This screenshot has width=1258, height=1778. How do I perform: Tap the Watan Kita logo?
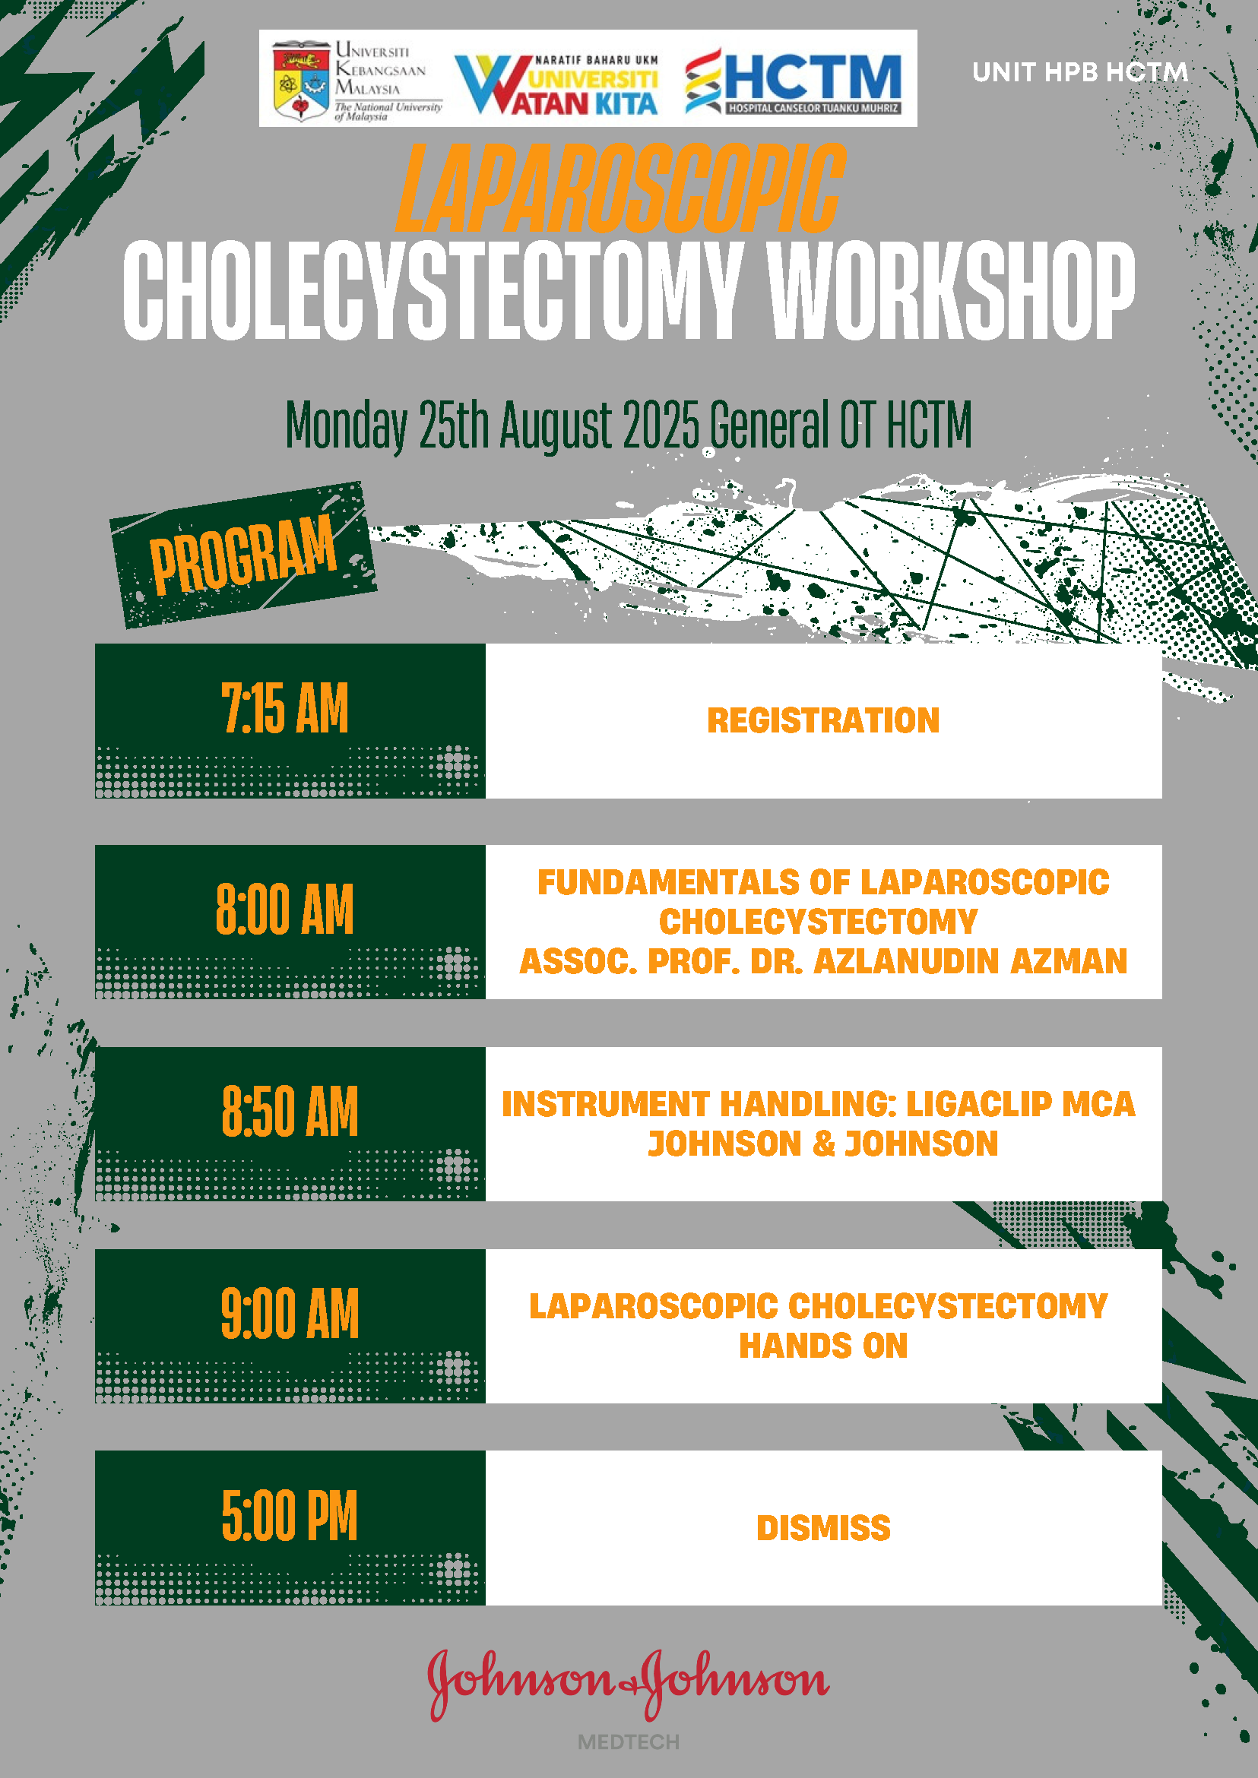pyautogui.click(x=556, y=84)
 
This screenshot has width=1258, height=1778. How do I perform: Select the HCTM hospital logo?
pyautogui.click(x=794, y=81)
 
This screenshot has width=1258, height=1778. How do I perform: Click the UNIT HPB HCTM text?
pyautogui.click(x=1080, y=72)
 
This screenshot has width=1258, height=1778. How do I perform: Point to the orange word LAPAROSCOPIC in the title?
pyautogui.click(x=620, y=188)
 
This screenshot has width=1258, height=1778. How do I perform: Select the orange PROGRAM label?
pyautogui.click(x=242, y=555)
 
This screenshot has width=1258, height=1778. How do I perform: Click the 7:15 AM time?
pyautogui.click(x=285, y=708)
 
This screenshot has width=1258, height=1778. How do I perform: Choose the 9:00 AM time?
pyautogui.click(x=290, y=1314)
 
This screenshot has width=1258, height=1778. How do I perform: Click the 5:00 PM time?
pyautogui.click(x=290, y=1516)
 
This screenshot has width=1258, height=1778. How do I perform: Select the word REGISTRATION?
pyautogui.click(x=823, y=721)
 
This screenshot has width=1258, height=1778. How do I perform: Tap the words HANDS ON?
pyautogui.click(x=823, y=1346)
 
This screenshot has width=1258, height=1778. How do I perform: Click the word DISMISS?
pyautogui.click(x=823, y=1529)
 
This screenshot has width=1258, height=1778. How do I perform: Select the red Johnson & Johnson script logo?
pyautogui.click(x=628, y=1685)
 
